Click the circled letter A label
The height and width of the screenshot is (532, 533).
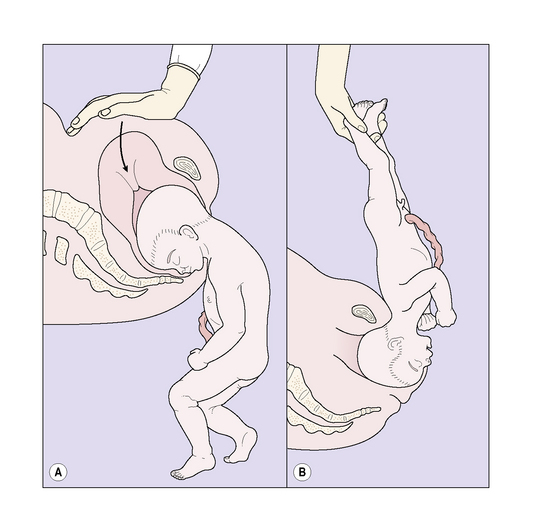(x=58, y=472)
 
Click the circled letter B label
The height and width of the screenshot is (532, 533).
(x=302, y=472)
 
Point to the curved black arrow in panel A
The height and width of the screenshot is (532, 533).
(x=123, y=147)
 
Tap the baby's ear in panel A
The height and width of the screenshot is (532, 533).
(x=189, y=232)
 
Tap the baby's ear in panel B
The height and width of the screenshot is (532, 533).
(x=396, y=344)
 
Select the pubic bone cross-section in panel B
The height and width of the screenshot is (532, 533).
(x=364, y=313)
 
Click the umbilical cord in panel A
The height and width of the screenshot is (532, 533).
(x=204, y=327)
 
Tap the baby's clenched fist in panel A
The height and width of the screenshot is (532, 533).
(x=196, y=359)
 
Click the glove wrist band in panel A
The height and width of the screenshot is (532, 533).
(x=184, y=71)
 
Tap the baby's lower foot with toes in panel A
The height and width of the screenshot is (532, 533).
(x=192, y=467)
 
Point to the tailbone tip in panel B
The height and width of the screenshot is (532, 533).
(x=378, y=409)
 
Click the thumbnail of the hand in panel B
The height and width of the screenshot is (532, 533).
(x=363, y=128)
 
